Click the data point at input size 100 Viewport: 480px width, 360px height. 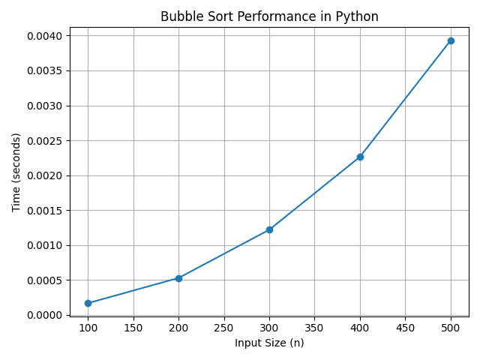(88, 303)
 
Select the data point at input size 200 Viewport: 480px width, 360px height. (178, 278)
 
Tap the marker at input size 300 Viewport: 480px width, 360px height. (269, 229)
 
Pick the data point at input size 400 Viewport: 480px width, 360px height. (360, 157)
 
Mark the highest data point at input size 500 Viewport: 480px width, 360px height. (451, 40)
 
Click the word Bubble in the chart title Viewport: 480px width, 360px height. (179, 16)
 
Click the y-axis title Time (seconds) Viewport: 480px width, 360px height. (16, 172)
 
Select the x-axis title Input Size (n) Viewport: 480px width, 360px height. (269, 343)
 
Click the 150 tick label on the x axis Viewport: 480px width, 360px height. (133, 327)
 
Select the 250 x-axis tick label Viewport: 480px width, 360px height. (224, 327)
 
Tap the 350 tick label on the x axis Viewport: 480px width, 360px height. (315, 327)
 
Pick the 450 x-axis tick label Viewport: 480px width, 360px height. (405, 327)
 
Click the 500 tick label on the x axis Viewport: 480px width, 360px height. (451, 327)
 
